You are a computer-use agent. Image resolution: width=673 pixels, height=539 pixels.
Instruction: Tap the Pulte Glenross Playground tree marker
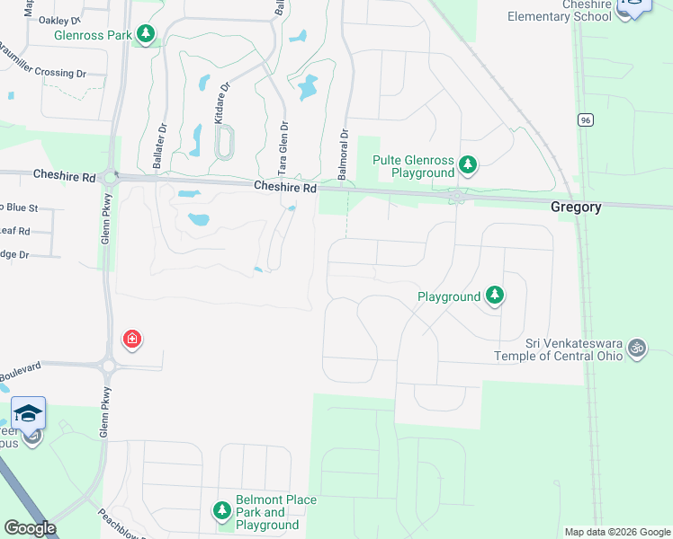click(467, 164)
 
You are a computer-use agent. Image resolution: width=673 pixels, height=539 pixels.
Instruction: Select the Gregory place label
click(576, 207)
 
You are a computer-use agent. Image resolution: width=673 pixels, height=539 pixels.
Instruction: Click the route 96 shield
click(586, 119)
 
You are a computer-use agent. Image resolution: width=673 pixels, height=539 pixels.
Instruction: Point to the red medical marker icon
click(132, 339)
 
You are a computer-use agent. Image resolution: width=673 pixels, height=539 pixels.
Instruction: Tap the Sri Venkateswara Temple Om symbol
click(637, 346)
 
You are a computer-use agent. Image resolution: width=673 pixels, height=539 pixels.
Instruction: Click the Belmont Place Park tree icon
click(222, 511)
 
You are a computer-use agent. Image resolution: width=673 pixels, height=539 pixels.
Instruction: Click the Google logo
click(30, 528)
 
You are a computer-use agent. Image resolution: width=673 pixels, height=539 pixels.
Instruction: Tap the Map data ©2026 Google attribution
click(616, 532)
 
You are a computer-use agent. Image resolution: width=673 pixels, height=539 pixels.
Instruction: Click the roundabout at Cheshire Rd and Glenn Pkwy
click(110, 177)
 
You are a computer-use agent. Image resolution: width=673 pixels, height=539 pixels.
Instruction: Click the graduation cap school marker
click(28, 413)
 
